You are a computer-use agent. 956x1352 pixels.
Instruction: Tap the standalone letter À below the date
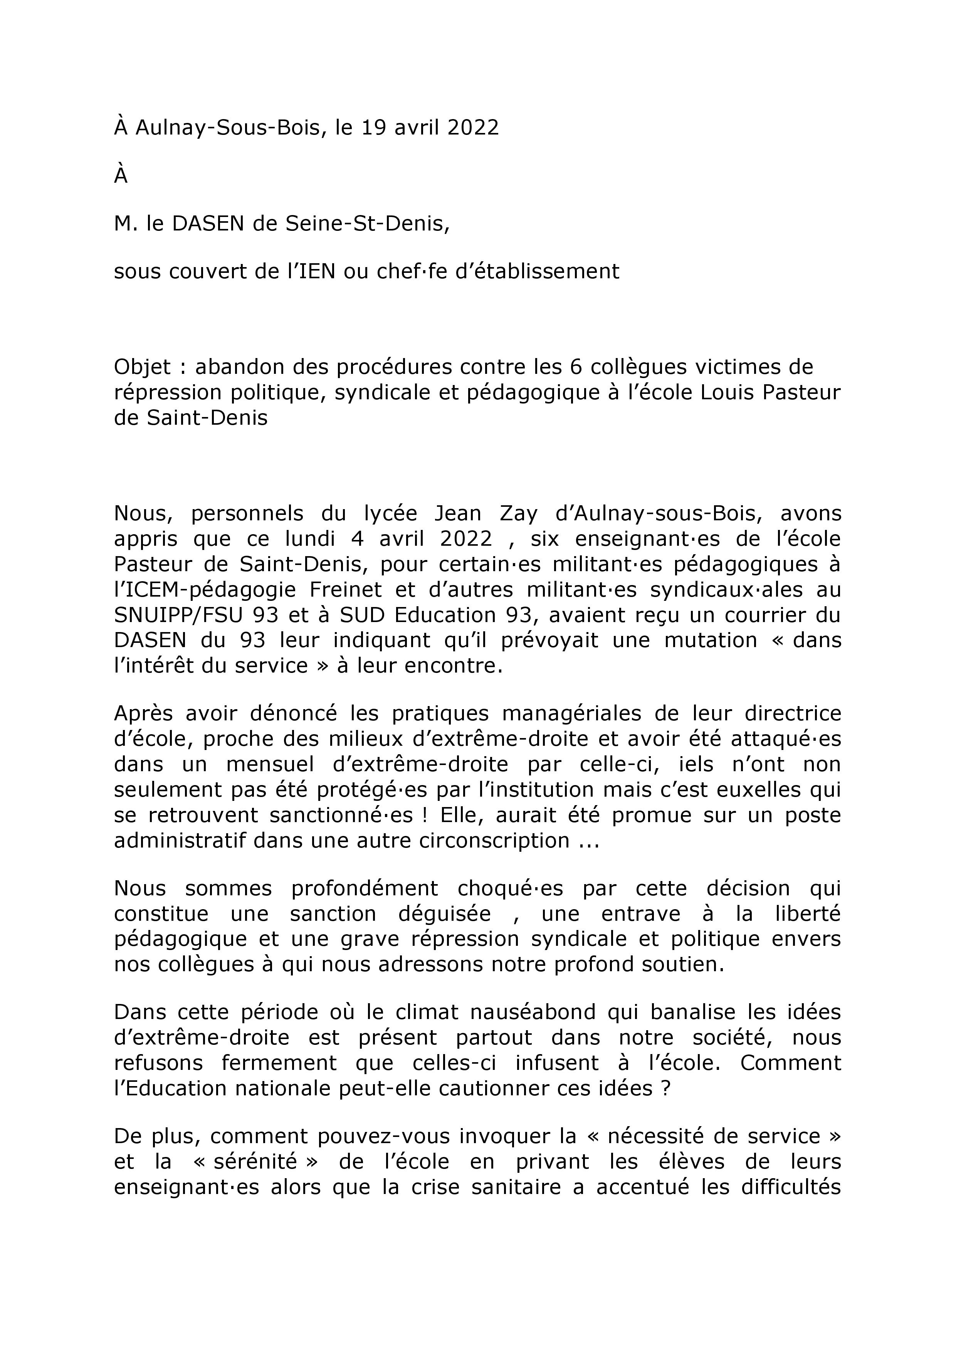point(121,176)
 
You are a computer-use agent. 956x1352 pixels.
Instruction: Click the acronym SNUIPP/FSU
point(179,615)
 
